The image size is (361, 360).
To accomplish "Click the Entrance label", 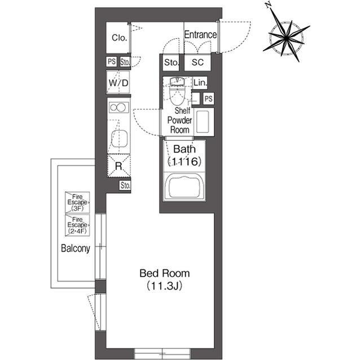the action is coord(200,35).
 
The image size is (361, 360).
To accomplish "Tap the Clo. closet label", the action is coord(119,38).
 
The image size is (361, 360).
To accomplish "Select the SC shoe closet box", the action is coord(197,63).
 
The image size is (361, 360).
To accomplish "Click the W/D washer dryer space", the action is coord(118,82).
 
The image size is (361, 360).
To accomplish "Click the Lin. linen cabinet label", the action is coord(200,82).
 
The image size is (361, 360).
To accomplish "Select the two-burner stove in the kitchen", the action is coord(119,108).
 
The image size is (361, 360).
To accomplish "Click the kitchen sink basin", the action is coord(119,138).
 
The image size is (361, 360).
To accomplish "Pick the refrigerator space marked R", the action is coord(119,166).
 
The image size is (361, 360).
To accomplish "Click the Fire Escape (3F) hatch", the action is coord(77,202).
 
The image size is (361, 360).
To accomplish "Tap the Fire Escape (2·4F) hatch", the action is coord(77,225).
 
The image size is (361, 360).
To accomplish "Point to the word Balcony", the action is coord(76,248).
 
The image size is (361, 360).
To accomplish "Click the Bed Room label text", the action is coord(165,273).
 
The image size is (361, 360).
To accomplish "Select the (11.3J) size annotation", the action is coord(165,286).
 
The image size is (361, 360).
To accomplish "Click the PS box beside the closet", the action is coord(112,61).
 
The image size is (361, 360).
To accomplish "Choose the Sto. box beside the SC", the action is coord(171,63).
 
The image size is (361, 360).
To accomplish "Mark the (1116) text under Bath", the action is coord(184,162).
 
